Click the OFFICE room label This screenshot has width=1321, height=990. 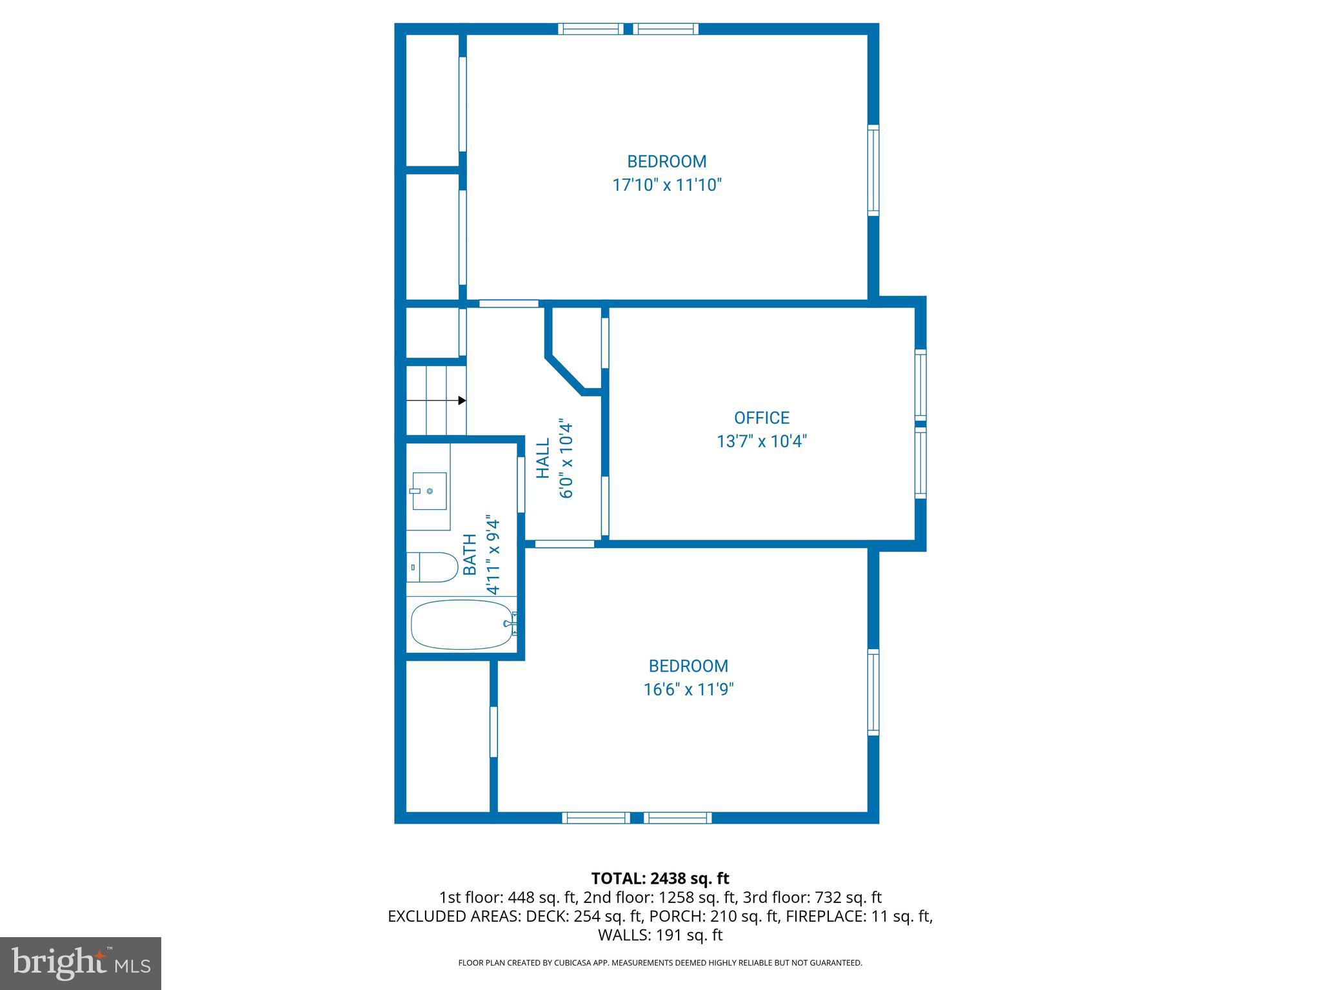pyautogui.click(x=761, y=418)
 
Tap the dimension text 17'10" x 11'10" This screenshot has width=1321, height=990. pyautogui.click(x=666, y=186)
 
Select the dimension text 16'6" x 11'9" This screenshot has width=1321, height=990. pyautogui.click(x=688, y=690)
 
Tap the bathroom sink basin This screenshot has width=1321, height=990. pyautogui.click(x=430, y=490)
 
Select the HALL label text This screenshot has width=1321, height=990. pyautogui.click(x=543, y=458)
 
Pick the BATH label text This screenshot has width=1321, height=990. pyautogui.click(x=470, y=554)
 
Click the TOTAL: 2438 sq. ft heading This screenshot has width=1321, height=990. pyautogui.click(x=660, y=878)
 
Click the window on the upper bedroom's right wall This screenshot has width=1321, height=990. pyautogui.click(x=873, y=170)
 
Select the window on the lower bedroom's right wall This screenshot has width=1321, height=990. pyautogui.click(x=873, y=692)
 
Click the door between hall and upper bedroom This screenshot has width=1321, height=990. pyautogui.click(x=509, y=304)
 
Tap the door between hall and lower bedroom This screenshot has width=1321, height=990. pyautogui.click(x=564, y=544)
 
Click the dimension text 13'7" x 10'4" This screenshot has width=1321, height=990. pyautogui.click(x=761, y=442)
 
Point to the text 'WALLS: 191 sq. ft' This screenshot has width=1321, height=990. pyautogui.click(x=660, y=935)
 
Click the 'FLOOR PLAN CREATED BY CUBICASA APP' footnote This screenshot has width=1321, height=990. pyautogui.click(x=660, y=963)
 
